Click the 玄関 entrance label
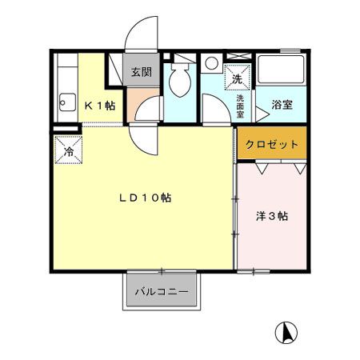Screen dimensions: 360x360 point(142,72)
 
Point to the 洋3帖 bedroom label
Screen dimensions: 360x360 point(272,216)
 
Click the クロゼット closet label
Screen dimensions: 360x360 point(272,145)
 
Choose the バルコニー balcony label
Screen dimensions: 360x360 point(161,292)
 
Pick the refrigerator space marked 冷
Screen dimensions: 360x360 point(69,150)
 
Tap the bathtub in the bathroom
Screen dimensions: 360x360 point(280,71)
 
